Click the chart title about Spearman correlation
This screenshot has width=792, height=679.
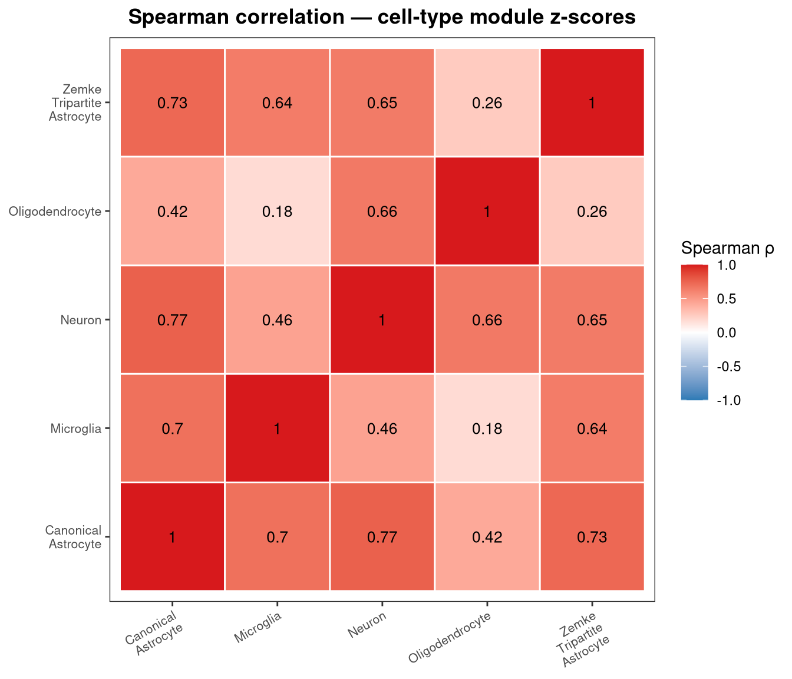click(381, 18)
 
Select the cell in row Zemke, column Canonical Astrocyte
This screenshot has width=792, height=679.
click(172, 103)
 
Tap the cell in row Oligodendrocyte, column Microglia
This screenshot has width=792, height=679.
click(277, 211)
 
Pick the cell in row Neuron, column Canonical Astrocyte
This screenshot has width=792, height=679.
click(172, 320)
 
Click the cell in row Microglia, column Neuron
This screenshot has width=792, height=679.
click(382, 429)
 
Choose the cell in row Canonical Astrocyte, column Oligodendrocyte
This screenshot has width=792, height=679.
click(487, 536)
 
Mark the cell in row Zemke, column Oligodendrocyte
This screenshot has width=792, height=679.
click(487, 103)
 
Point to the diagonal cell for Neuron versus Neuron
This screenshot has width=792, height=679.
click(382, 320)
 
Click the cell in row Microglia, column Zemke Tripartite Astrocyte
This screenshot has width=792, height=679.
click(592, 429)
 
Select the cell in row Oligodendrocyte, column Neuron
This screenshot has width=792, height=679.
click(382, 211)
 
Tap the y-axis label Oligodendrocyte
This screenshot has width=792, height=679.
click(55, 212)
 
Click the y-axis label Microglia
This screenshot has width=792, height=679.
click(76, 429)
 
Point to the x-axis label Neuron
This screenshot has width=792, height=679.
click(367, 625)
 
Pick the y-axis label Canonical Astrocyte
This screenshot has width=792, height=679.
click(74, 537)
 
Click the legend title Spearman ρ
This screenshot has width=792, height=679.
click(727, 248)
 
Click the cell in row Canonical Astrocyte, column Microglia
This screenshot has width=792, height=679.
click(277, 536)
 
